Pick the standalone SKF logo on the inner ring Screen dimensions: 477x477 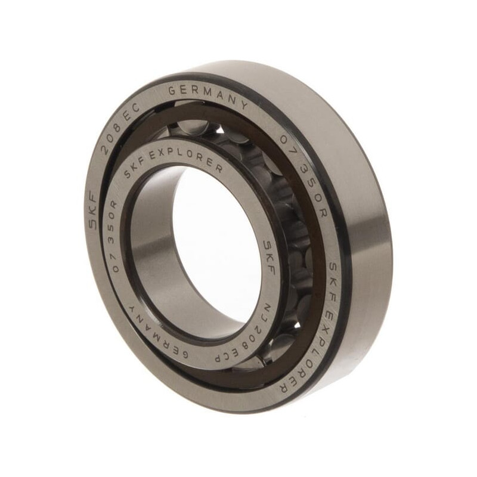(x=270, y=257)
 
